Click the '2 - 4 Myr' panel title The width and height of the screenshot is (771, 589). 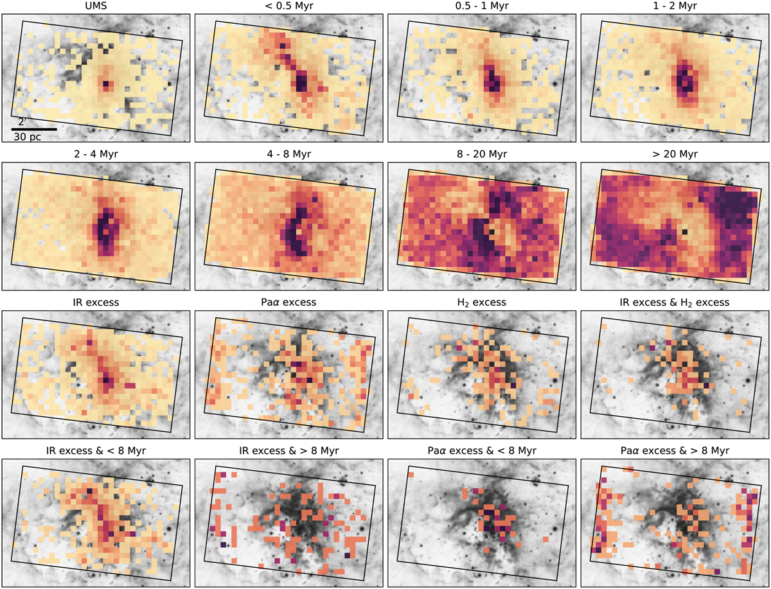[96, 154]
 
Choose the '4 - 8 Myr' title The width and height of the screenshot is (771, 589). [290, 154]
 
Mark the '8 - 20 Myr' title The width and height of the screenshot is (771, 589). [483, 154]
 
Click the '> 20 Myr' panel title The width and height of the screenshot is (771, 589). [675, 154]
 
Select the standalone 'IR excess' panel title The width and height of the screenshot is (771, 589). [96, 302]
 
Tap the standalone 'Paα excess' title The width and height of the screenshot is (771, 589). [290, 302]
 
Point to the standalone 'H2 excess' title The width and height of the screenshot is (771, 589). [483, 302]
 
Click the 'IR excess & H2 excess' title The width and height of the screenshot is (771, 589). [675, 302]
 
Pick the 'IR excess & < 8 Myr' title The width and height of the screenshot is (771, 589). [96, 450]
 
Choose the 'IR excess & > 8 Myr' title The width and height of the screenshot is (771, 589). [290, 450]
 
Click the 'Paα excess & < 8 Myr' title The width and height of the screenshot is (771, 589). [483, 450]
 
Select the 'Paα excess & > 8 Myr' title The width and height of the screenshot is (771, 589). [675, 450]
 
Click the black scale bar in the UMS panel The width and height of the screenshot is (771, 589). [34, 130]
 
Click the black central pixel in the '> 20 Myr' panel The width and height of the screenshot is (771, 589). [686, 231]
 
